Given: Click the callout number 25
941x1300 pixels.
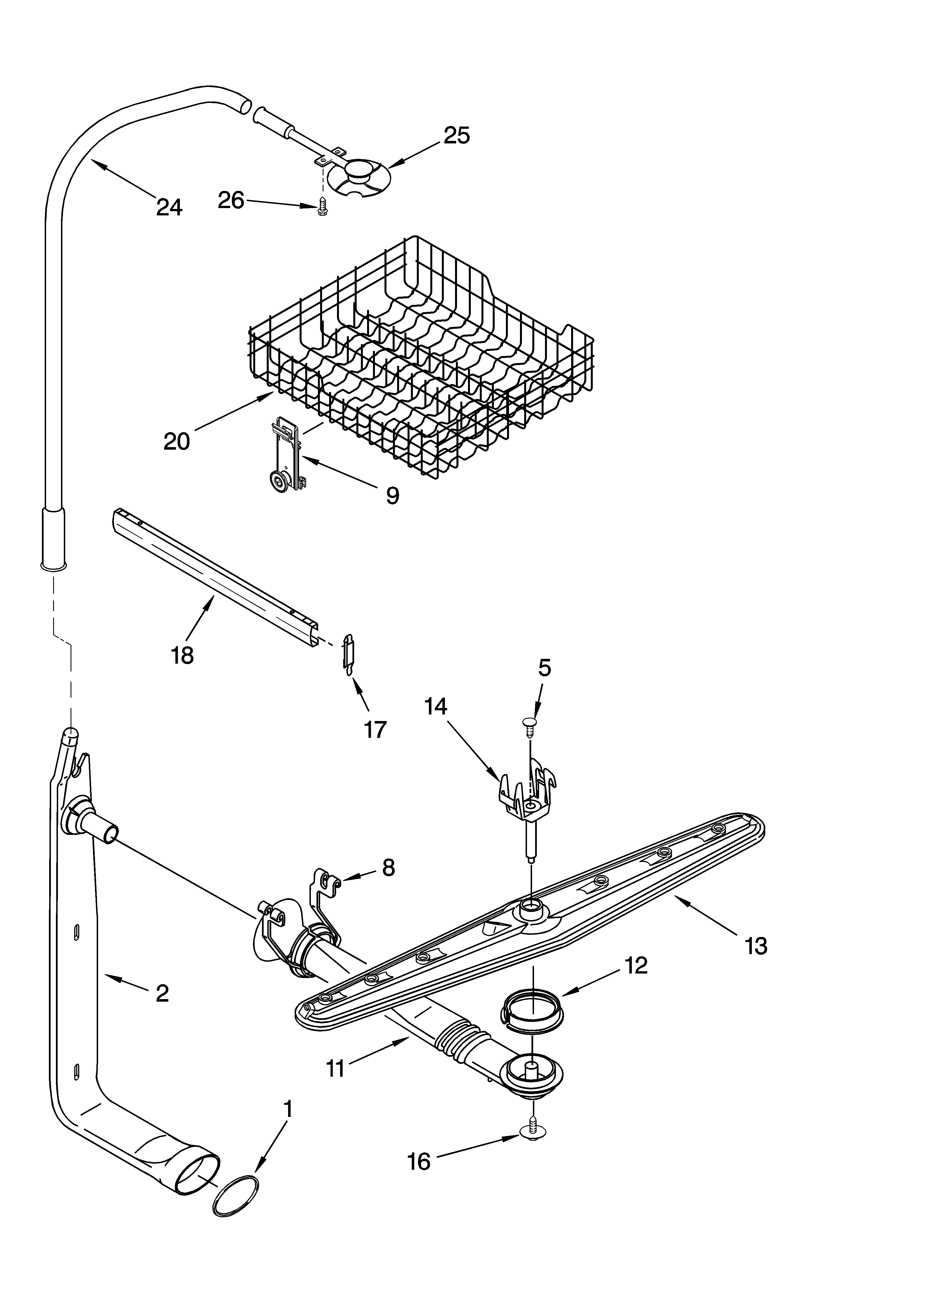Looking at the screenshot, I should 457,135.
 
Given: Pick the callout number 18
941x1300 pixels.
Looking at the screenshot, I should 182,655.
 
